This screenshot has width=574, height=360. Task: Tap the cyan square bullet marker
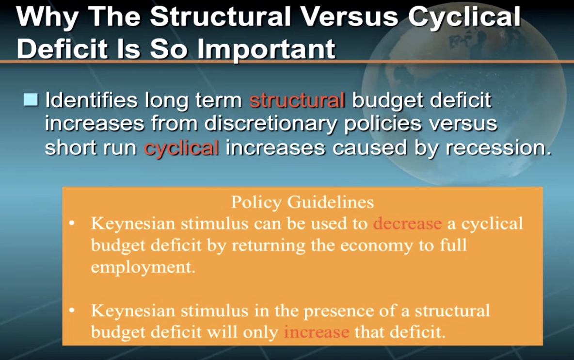tap(31, 99)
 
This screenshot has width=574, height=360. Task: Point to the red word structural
tap(297, 100)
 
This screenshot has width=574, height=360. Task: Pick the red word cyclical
tap(181, 148)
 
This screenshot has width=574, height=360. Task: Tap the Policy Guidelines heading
tap(303, 202)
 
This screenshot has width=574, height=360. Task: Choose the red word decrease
tap(407, 223)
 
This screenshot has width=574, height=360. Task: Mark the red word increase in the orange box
tap(316, 332)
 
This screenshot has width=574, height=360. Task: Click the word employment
tap(143, 267)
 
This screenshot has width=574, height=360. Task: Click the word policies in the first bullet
tap(383, 124)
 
